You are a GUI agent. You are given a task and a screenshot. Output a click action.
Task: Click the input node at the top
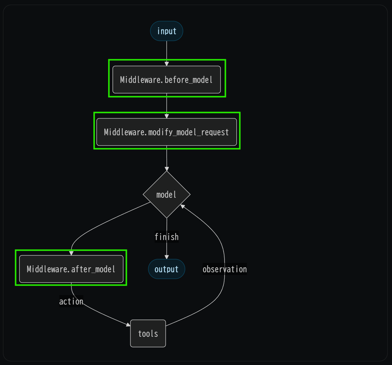pyautogui.click(x=166, y=31)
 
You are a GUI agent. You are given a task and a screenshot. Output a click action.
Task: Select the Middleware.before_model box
pyautogui.click(x=166, y=80)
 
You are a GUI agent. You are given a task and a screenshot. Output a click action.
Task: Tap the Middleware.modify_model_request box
pyautogui.click(x=166, y=132)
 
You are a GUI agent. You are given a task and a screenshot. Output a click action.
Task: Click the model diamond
pyautogui.click(x=166, y=194)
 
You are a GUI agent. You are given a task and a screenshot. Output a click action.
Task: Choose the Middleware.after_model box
pyautogui.click(x=71, y=269)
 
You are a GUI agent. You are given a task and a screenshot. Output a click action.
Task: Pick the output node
pyautogui.click(x=166, y=269)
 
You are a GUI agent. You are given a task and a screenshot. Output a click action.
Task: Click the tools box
pyautogui.click(x=148, y=333)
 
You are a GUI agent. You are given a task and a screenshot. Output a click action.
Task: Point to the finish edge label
pyautogui.click(x=166, y=237)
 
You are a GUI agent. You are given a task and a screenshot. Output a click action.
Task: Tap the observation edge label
pyautogui.click(x=225, y=269)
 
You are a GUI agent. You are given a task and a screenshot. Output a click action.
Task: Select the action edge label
pyautogui.click(x=71, y=302)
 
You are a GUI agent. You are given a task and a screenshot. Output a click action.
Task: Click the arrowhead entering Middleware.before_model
pyautogui.click(x=166, y=64)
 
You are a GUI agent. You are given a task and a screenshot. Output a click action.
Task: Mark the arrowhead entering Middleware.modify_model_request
pyautogui.click(x=166, y=116)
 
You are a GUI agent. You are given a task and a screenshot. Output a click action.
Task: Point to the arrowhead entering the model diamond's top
pyautogui.click(x=166, y=169)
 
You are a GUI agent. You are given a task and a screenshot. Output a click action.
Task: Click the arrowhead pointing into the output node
pyautogui.click(x=166, y=257)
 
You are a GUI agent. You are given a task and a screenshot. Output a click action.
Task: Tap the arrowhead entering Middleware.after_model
pyautogui.click(x=71, y=253)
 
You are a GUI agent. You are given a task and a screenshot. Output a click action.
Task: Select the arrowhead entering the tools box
pyautogui.click(x=128, y=325)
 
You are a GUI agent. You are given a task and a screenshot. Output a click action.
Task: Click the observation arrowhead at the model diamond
pyautogui.click(x=183, y=206)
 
